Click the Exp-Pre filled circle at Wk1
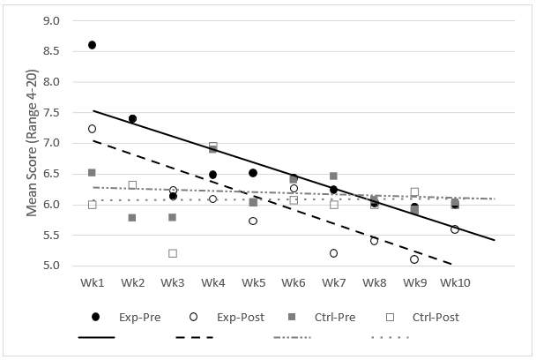point(92,45)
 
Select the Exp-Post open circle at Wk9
point(414,259)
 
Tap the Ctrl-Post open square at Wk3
point(173,253)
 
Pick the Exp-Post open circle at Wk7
point(334,253)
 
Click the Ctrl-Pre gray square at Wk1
point(92,173)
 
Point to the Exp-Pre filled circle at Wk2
point(132,118)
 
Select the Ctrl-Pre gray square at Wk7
point(334,176)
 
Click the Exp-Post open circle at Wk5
point(253,221)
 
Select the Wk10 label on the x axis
point(455,283)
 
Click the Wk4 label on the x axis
point(212,283)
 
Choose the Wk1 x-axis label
point(92,283)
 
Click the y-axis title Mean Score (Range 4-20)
point(32,142)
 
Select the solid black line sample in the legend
point(97,337)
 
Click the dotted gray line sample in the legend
point(388,337)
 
